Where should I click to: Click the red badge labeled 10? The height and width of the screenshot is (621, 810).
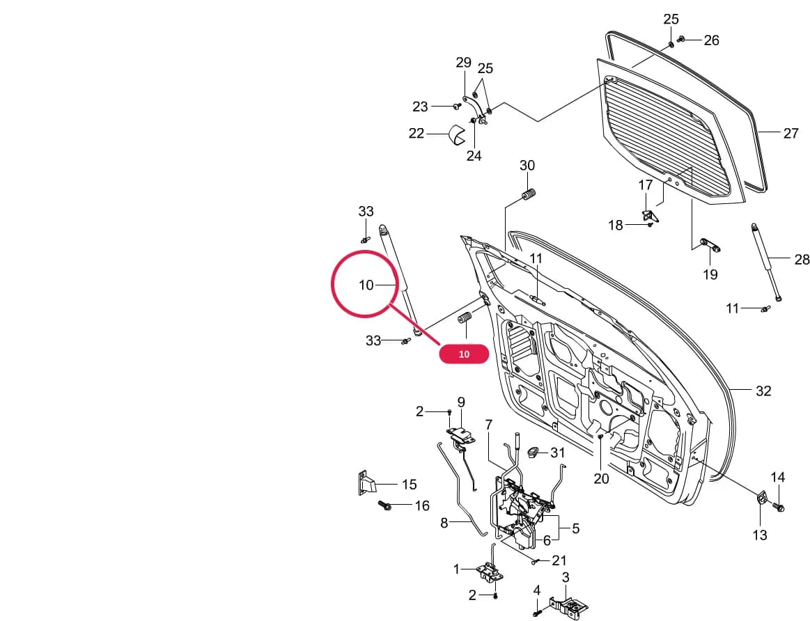click(464, 354)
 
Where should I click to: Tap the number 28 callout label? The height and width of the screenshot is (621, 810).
click(802, 259)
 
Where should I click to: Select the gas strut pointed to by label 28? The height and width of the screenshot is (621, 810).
click(766, 261)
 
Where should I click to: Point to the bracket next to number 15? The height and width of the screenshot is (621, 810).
click(367, 483)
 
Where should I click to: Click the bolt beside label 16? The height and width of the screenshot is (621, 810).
click(385, 505)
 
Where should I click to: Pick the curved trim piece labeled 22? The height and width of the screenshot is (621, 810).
click(457, 134)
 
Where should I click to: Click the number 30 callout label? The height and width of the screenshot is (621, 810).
click(527, 165)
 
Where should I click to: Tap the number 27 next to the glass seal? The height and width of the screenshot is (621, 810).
click(791, 133)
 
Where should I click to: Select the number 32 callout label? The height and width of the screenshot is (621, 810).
click(763, 391)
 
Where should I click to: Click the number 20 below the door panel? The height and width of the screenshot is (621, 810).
click(601, 478)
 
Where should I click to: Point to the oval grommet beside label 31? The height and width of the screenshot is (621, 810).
click(533, 453)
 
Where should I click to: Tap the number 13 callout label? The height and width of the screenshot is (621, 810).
click(759, 535)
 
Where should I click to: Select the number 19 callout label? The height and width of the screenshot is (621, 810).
click(710, 274)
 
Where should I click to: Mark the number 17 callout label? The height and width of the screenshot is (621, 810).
click(646, 184)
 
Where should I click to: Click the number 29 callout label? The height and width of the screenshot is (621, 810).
click(463, 63)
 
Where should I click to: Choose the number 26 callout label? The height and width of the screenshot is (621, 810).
click(711, 40)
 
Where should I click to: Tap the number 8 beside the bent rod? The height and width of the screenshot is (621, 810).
click(444, 523)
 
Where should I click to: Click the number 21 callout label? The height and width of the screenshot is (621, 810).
click(559, 560)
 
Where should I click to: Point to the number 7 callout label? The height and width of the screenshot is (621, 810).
click(489, 425)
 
